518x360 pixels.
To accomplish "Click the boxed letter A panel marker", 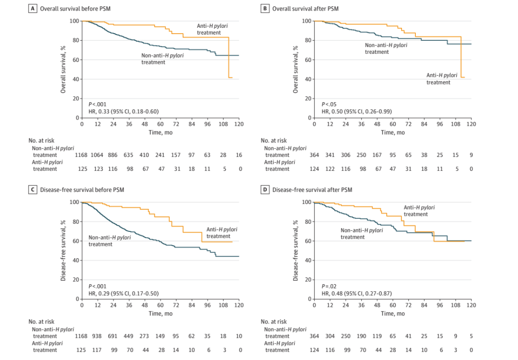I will pos(33,9).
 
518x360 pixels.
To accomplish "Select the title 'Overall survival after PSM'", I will pos(306,9).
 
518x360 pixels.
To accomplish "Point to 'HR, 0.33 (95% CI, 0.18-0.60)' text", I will pos(124,111).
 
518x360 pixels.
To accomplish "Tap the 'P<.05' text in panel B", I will pos(329,104).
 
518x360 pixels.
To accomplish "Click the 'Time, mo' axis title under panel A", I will pos(160,132).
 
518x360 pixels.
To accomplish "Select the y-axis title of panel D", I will pos(295,250).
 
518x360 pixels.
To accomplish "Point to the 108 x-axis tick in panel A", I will pos(223,124).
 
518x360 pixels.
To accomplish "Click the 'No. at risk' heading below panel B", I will pos(274,141).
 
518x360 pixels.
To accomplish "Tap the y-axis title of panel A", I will pos(63,69).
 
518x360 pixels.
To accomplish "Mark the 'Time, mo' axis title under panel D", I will pos(393,313).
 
